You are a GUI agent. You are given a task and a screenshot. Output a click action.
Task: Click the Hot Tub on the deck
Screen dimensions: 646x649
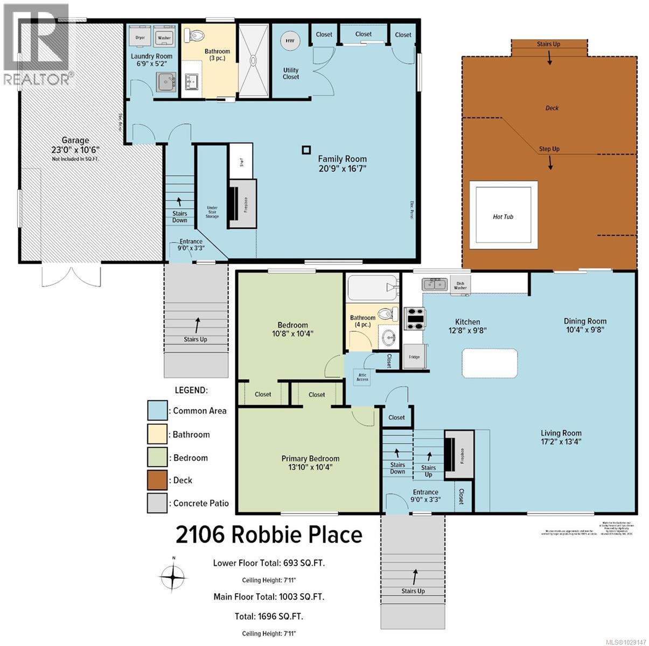pyautogui.click(x=504, y=215)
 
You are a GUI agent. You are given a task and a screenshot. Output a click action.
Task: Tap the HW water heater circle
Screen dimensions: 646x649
pyautogui.click(x=290, y=41)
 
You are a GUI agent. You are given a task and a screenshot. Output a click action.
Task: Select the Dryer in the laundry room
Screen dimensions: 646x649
pyautogui.click(x=140, y=38)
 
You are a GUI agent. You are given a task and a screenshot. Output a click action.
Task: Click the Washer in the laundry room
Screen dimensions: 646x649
pyautogui.click(x=163, y=38)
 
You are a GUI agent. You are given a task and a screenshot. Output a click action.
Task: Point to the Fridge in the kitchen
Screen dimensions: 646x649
pyautogui.click(x=414, y=356)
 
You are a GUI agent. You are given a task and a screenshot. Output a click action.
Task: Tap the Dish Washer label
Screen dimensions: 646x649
pyautogui.click(x=460, y=285)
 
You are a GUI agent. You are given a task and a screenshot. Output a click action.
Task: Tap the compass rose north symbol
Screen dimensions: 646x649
pyautogui.click(x=173, y=578)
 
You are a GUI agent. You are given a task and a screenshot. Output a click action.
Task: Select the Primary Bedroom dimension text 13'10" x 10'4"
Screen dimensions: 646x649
pyautogui.click(x=310, y=467)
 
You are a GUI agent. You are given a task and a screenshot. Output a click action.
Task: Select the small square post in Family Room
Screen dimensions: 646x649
pyautogui.click(x=306, y=151)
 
